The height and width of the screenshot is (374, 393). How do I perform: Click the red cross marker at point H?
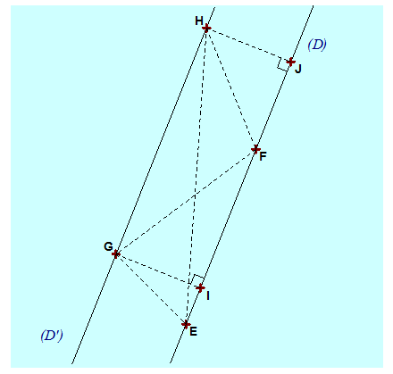(206, 29)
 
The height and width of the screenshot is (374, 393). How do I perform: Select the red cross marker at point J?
(290, 62)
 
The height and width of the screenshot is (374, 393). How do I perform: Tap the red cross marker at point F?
(255, 149)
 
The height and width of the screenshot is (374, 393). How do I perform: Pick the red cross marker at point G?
(116, 254)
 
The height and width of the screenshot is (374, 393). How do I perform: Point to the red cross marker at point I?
(200, 287)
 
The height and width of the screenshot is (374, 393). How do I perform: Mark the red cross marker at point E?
(186, 324)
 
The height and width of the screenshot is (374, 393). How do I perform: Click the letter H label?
(199, 21)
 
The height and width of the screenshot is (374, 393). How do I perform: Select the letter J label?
(298, 70)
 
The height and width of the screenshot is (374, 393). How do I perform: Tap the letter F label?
(263, 156)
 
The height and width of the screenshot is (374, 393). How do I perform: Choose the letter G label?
(108, 246)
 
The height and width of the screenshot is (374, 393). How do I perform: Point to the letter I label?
(208, 295)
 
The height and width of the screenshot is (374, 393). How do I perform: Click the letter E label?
(193, 331)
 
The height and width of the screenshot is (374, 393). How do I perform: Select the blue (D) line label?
(317, 45)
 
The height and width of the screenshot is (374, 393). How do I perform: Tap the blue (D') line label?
(52, 336)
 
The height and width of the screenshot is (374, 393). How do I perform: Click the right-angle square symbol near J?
(282, 63)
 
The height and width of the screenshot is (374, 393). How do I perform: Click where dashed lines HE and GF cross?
(195, 195)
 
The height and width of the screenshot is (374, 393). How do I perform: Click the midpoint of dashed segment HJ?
(248, 45)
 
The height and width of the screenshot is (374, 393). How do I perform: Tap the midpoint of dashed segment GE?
(151, 289)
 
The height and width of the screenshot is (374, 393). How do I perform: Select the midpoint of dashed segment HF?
(230, 88)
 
